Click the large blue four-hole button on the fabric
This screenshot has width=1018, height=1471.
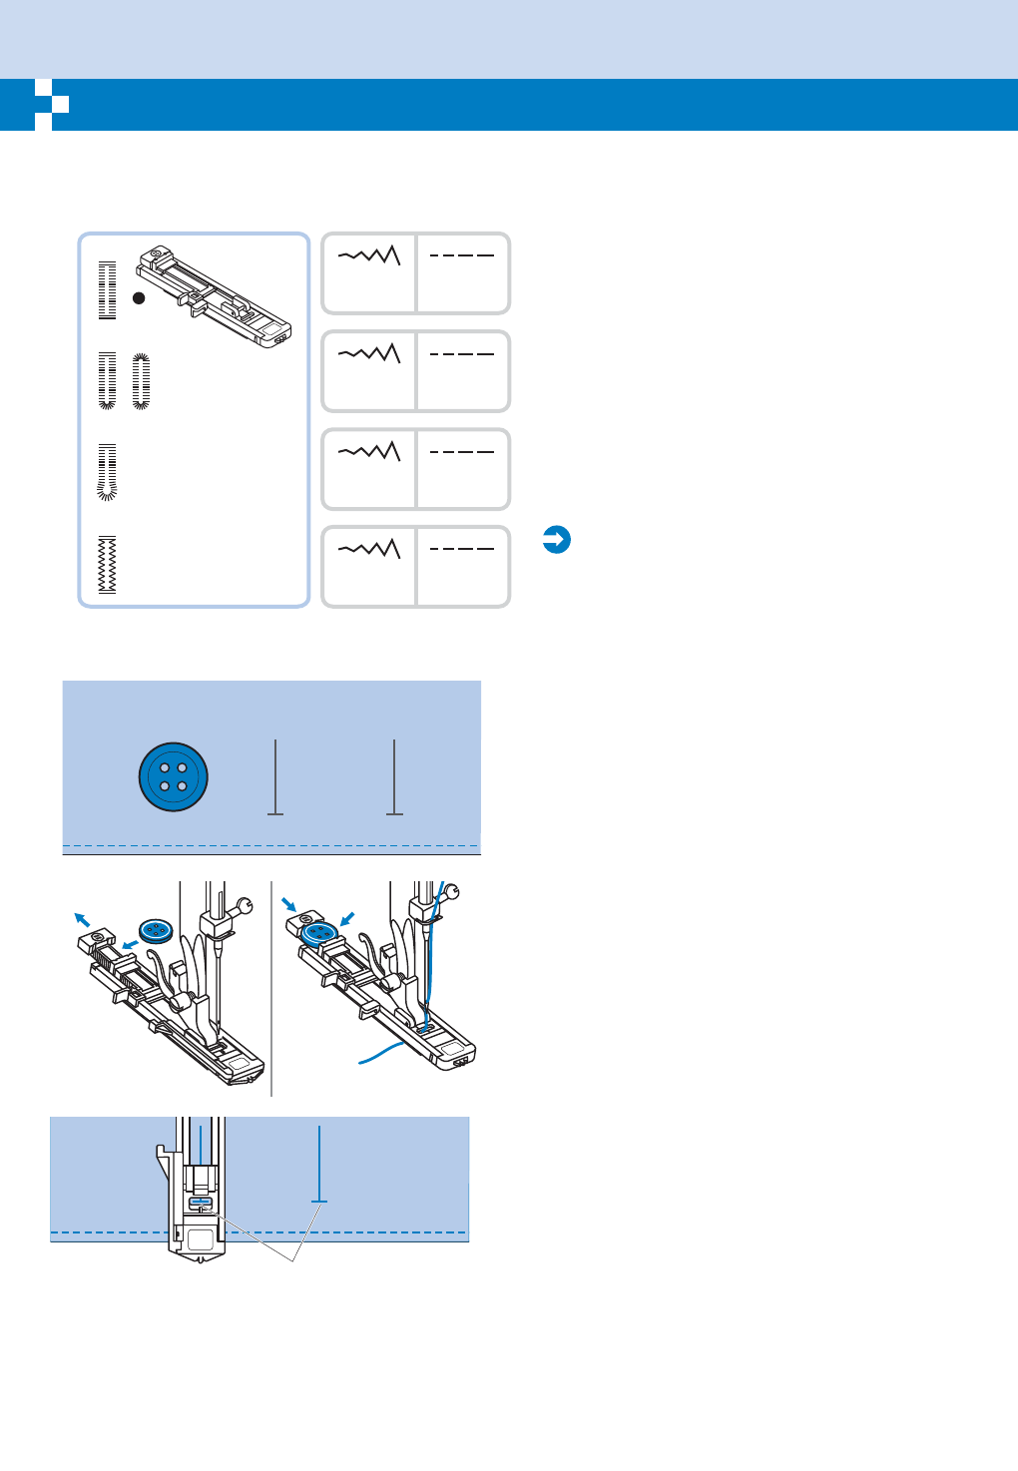click(x=174, y=776)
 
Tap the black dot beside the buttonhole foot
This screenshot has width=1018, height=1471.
click(x=139, y=297)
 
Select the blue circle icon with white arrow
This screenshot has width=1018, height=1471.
click(x=556, y=540)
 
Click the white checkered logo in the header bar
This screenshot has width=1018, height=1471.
click(x=51, y=105)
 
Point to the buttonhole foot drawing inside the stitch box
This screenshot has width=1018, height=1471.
click(x=215, y=294)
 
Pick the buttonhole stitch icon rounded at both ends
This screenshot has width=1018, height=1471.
click(x=141, y=381)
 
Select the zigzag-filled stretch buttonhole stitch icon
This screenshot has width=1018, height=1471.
click(x=107, y=566)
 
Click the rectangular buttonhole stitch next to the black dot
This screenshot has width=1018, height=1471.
click(x=107, y=290)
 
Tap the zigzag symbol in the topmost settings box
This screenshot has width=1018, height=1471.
click(x=369, y=255)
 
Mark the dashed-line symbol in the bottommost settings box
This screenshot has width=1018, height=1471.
click(x=462, y=549)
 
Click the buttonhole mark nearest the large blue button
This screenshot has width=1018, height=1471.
click(x=275, y=777)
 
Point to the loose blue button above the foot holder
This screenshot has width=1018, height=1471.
click(x=156, y=931)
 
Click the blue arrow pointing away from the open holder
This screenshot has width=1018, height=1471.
click(x=82, y=918)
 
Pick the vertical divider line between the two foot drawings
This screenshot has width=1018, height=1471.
click(x=271, y=988)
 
